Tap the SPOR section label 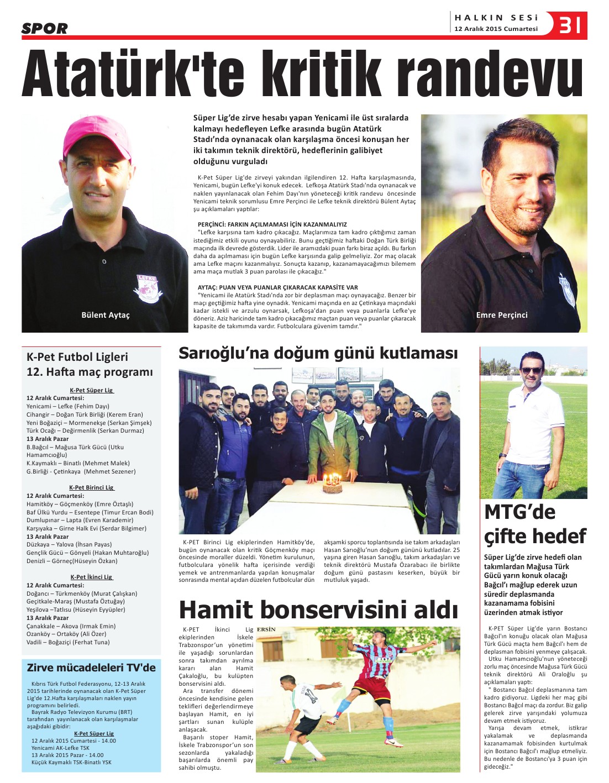click(44, 28)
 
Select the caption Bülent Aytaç click(105, 315)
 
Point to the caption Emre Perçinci click(502, 315)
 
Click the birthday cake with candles click(332, 484)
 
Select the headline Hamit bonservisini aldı click(318, 610)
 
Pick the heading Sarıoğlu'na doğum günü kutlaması click(318, 354)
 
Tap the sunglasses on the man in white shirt click(532, 370)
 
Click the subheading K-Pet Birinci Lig click(92, 487)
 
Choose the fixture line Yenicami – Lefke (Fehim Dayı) click(68, 406)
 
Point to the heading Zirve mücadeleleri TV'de click(91, 668)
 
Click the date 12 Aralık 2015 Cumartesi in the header click(496, 29)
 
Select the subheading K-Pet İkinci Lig click(92, 577)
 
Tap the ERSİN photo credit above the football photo click(266, 629)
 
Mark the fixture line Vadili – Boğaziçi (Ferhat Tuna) click(68, 642)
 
